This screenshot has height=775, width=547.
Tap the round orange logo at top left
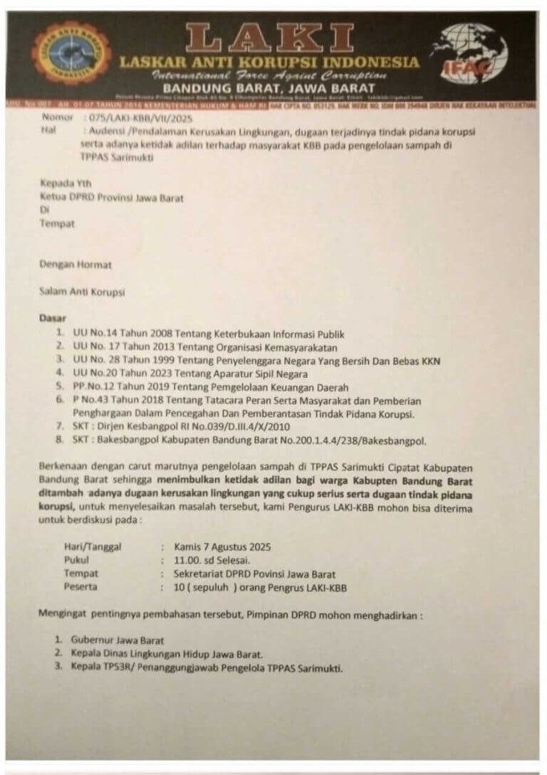(x=71, y=53)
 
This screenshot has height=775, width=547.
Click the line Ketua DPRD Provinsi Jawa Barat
(x=111, y=198)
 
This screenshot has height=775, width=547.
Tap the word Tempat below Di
(x=57, y=223)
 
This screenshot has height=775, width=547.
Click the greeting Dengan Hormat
(x=75, y=265)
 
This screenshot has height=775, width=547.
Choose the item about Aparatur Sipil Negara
(x=191, y=374)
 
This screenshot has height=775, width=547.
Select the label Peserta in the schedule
(x=80, y=587)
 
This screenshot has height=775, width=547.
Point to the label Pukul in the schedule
(x=77, y=560)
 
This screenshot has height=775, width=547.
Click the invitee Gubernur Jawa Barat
(x=118, y=640)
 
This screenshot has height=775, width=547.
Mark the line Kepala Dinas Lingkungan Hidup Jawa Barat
(x=167, y=654)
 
